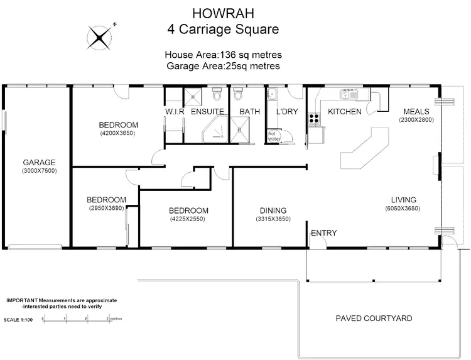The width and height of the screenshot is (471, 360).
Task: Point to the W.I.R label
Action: click(x=174, y=112)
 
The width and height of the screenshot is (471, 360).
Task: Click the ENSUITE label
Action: click(x=207, y=112)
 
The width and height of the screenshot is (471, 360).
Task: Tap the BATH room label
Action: click(x=249, y=112)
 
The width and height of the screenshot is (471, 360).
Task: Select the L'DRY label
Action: click(x=286, y=112)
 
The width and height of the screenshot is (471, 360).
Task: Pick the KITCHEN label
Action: click(x=345, y=112)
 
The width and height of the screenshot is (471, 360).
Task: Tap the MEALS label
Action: click(x=416, y=111)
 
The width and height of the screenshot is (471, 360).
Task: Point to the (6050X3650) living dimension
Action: click(x=402, y=209)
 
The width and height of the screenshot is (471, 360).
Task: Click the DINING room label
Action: click(x=273, y=210)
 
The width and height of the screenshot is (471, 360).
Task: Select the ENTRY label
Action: click(x=324, y=233)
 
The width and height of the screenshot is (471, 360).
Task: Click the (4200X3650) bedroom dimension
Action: click(x=117, y=133)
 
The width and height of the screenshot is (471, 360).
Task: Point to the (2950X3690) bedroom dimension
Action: click(x=106, y=209)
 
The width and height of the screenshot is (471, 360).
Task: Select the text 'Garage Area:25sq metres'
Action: click(x=223, y=65)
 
